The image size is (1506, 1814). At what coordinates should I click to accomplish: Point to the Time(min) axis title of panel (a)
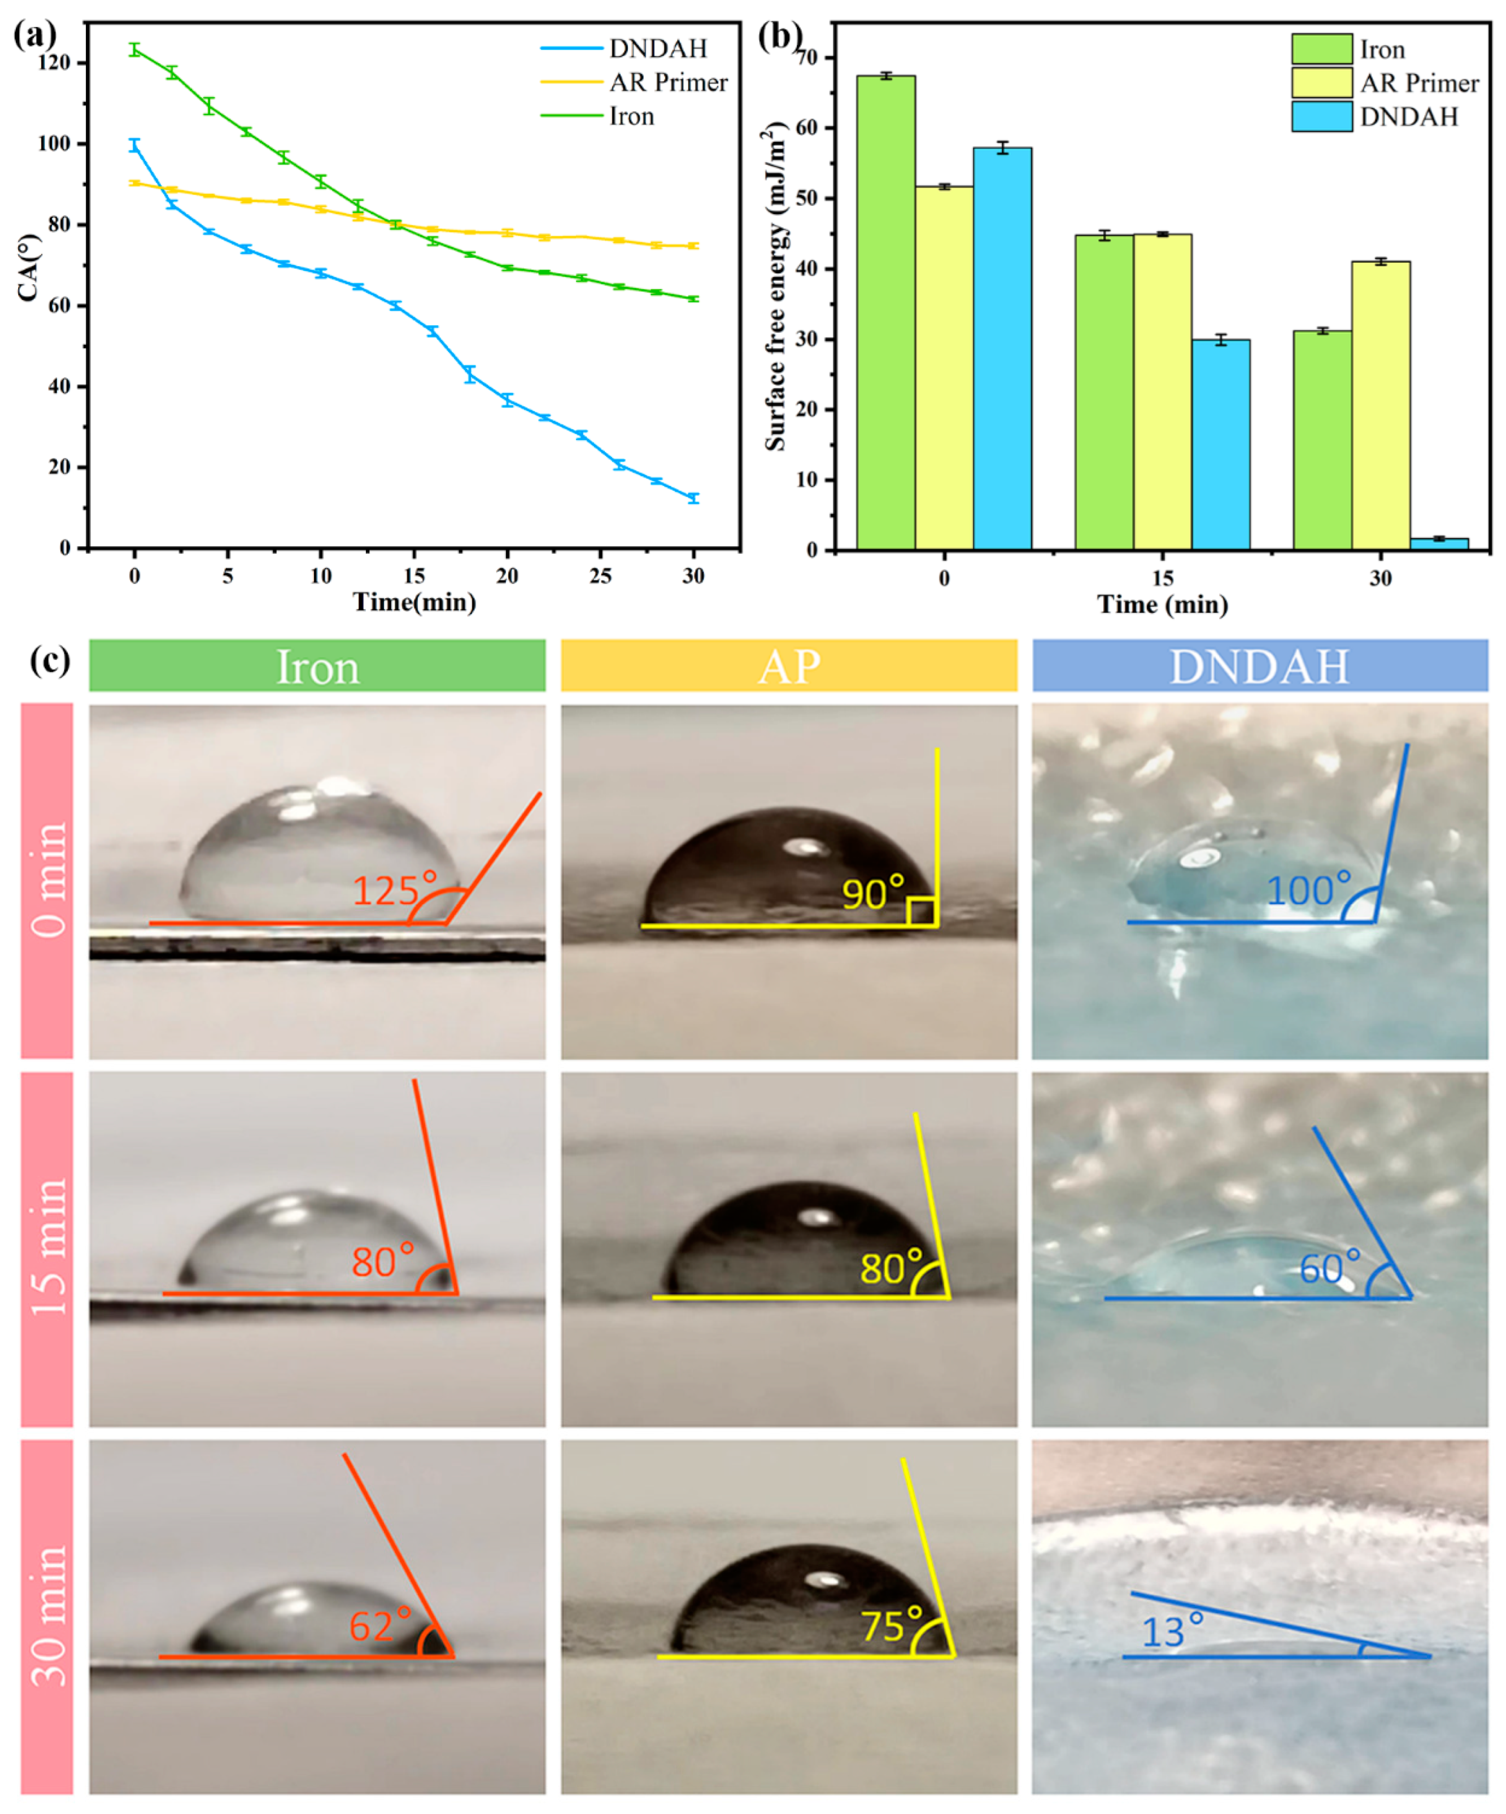414,602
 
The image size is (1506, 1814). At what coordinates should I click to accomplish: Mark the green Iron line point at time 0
135,49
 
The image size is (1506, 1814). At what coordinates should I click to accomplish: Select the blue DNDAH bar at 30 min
1439,543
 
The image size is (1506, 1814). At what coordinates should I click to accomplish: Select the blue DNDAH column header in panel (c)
1259,666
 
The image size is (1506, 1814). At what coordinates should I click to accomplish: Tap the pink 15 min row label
47,1247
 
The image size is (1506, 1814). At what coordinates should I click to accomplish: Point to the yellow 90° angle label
872,893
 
